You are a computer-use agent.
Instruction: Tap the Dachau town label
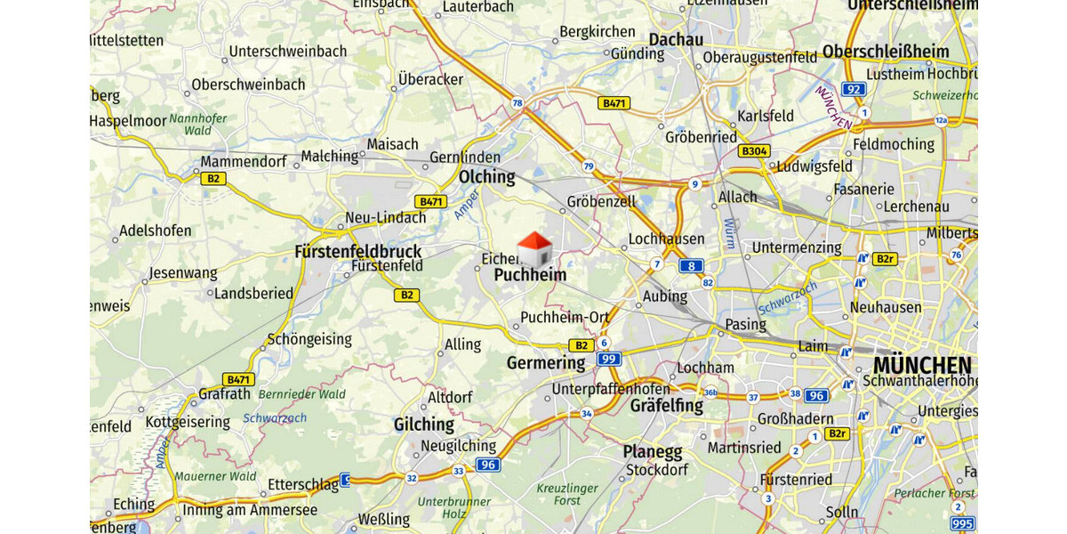click(676, 39)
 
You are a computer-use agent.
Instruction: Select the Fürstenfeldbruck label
click(357, 252)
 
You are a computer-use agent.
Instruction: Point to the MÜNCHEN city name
click(922, 365)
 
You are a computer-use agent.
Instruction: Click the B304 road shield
click(754, 151)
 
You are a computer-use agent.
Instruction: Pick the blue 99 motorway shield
click(609, 360)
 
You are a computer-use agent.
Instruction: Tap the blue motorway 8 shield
click(691, 265)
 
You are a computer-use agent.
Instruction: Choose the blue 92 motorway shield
click(854, 89)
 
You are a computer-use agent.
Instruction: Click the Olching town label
click(486, 177)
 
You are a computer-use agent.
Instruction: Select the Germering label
click(546, 363)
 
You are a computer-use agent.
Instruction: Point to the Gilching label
click(424, 425)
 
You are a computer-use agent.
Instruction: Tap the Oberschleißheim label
click(886, 52)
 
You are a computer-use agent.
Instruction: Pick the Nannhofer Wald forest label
click(197, 124)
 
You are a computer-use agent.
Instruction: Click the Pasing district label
click(745, 324)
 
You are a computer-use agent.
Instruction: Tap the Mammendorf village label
click(244, 162)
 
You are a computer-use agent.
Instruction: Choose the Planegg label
click(652, 452)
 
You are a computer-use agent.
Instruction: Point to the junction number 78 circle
click(517, 103)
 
